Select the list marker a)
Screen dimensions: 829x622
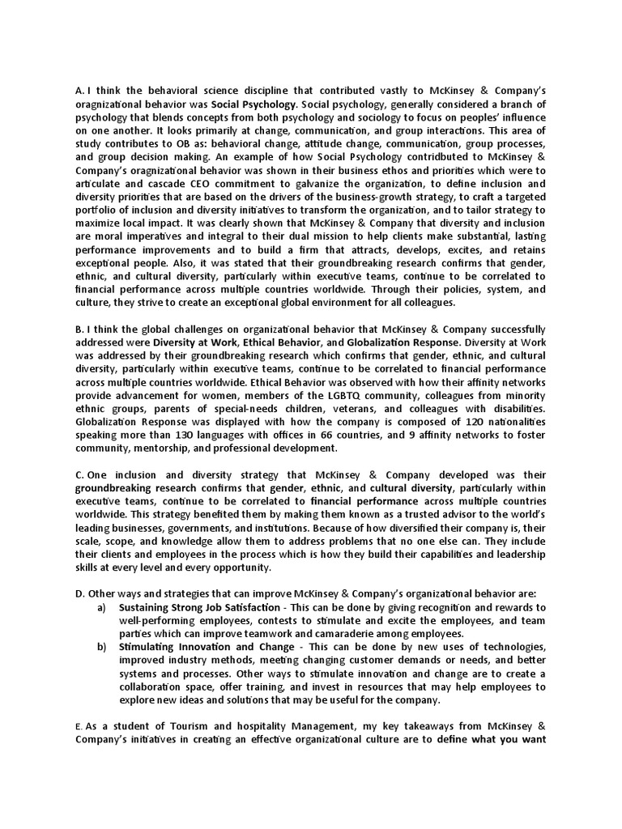(x=101, y=607)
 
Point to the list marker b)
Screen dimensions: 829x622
(x=101, y=647)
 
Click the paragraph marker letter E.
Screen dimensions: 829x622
(x=77, y=730)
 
